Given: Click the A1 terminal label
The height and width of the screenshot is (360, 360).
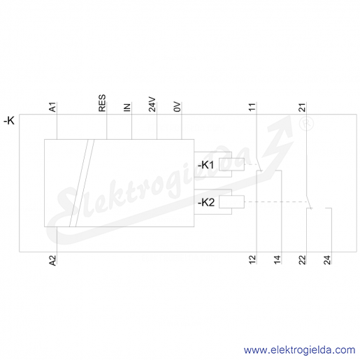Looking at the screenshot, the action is tap(53, 107).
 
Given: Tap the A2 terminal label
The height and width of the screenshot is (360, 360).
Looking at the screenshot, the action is tap(53, 260).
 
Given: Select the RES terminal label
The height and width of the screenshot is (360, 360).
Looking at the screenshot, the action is tap(102, 103).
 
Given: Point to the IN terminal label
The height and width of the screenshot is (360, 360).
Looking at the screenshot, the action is tap(127, 108).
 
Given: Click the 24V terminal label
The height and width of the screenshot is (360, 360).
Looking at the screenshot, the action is tap(152, 104).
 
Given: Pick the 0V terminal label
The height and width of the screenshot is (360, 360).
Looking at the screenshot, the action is tap(177, 107).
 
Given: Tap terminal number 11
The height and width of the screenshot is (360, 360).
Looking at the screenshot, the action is tap(252, 107).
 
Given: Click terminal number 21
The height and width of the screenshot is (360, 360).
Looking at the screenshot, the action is tap(302, 107).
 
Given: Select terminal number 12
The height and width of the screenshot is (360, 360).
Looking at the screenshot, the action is tap(252, 259).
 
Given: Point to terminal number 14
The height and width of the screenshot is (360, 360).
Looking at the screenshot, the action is tap(278, 259).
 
